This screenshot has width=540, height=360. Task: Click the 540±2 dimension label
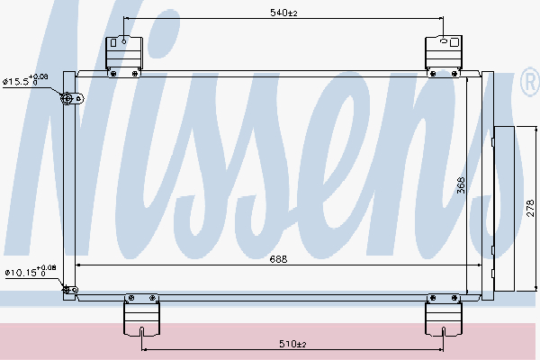283,13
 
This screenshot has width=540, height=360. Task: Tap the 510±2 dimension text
292,344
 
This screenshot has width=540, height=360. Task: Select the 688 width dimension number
278,259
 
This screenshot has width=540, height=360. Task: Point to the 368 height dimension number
461,185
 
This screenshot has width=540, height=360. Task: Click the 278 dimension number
531,208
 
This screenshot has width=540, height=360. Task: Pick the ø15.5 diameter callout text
25,80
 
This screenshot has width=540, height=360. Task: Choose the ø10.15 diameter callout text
31,271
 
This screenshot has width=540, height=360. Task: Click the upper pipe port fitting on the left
72,99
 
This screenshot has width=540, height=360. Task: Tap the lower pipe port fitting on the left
70,290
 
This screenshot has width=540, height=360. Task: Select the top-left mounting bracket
124,56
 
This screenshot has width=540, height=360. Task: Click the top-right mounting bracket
444,55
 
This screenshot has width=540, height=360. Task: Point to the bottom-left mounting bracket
141,315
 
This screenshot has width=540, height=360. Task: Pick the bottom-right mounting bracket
443,315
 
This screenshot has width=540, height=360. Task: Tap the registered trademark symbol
530,82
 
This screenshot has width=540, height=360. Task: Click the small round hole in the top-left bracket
124,41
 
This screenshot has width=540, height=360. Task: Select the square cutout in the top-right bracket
454,42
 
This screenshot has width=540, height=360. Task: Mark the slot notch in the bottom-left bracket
141,332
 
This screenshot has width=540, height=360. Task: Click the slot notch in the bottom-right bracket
443,332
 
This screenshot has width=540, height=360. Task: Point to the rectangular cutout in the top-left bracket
113,42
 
